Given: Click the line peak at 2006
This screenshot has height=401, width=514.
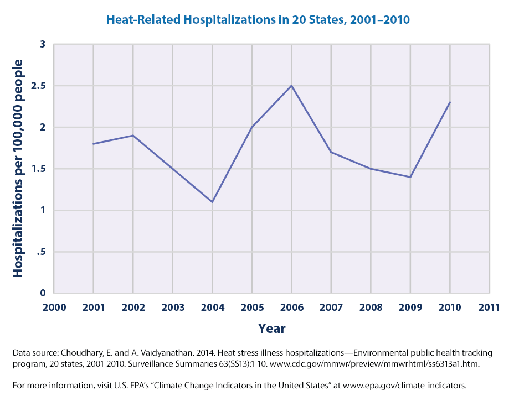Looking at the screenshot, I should [x=291, y=86].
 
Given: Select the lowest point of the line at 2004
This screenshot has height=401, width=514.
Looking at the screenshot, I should [x=212, y=202].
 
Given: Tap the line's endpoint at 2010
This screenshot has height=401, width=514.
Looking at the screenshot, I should [x=450, y=102].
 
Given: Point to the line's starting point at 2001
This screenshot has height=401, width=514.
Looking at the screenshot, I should [x=93, y=144].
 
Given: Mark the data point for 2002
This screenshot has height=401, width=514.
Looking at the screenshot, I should [x=133, y=136].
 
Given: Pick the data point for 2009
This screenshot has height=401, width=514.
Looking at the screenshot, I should [x=410, y=177].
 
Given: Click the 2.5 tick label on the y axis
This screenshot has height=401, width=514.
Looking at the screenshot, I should [x=39, y=86].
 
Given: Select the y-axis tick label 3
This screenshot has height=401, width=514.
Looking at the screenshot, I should [x=42, y=44].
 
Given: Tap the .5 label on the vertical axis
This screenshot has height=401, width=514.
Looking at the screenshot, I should [x=42, y=252].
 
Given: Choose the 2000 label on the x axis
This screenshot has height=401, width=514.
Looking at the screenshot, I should [x=54, y=307].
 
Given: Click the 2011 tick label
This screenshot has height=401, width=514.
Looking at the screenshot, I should [x=489, y=307].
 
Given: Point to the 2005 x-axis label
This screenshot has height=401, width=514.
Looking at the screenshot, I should [x=252, y=307].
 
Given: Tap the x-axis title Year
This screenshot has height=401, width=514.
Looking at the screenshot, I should [x=271, y=329].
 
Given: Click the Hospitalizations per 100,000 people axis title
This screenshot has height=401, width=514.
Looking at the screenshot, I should [x=18, y=169].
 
